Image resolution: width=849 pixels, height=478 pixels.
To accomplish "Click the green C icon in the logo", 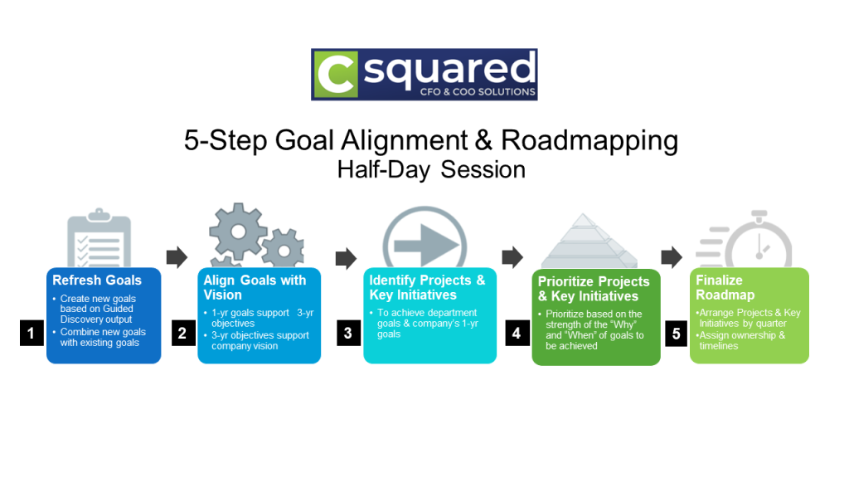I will pyautogui.click(x=334, y=75).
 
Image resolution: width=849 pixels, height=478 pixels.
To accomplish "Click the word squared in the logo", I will pyautogui.click(x=448, y=69).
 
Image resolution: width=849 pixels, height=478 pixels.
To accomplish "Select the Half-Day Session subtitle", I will pyautogui.click(x=431, y=169).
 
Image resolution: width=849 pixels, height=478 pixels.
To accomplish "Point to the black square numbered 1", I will pyautogui.click(x=31, y=334).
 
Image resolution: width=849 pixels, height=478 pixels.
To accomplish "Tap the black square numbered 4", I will pyautogui.click(x=517, y=334).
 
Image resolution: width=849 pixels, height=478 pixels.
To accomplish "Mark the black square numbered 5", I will pyautogui.click(x=676, y=334).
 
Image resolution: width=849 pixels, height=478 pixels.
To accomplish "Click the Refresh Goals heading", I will pyautogui.click(x=97, y=280).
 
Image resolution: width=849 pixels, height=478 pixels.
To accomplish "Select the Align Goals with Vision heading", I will pyautogui.click(x=255, y=287).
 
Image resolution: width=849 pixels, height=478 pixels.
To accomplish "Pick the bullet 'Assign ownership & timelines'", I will pyautogui.click(x=741, y=341).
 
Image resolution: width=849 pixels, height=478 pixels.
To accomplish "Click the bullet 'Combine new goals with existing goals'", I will pyautogui.click(x=102, y=338).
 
